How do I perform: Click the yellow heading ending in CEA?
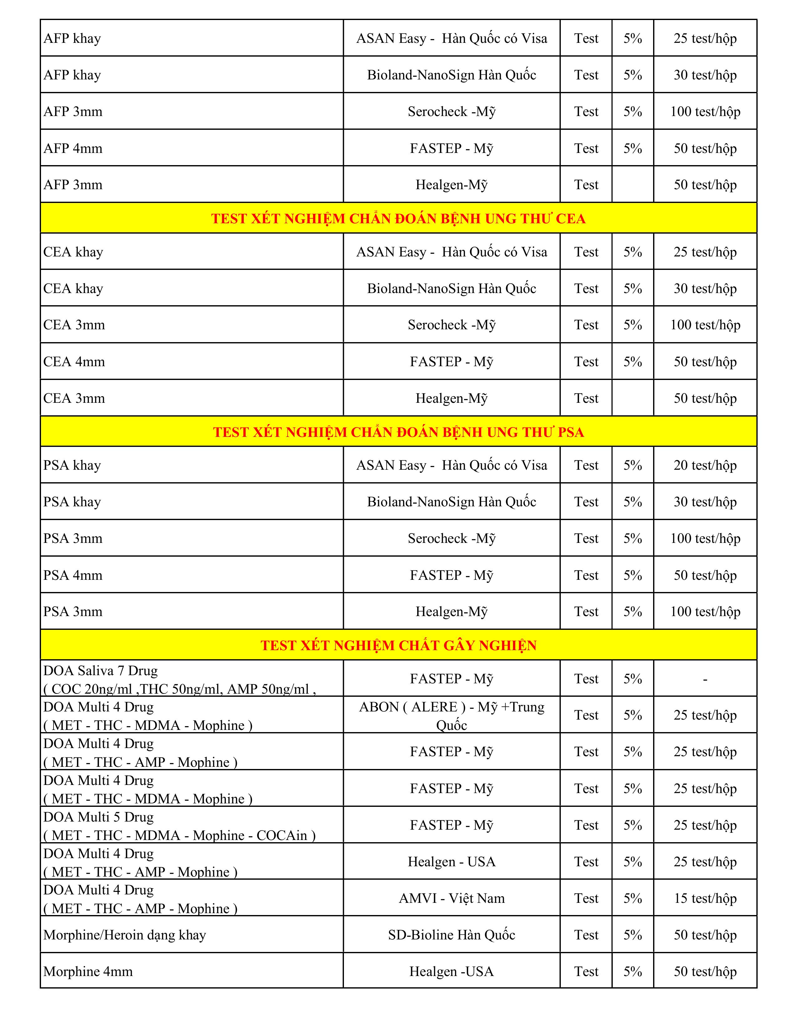398,218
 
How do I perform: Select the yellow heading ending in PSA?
398,432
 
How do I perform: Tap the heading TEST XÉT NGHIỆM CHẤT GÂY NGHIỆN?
398,645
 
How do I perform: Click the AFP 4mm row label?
73,148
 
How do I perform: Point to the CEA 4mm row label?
74,362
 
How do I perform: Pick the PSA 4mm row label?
73,575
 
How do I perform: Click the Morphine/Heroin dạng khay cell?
125,935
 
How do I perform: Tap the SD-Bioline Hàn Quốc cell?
452,935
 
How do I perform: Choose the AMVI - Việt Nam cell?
452,898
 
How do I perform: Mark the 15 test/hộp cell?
705,898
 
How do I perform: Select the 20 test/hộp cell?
705,465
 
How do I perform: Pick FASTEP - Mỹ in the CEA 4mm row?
452,362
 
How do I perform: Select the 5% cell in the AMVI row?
632,898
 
